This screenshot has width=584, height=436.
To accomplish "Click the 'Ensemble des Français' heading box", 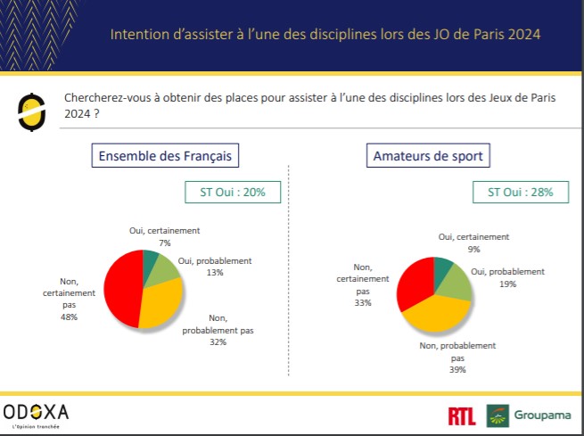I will pos(165,156).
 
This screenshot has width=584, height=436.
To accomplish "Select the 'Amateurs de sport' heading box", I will pos(427,156).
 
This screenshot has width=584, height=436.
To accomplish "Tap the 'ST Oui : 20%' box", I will pos(226,192).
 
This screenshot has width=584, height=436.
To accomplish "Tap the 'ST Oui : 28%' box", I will pos(521,192).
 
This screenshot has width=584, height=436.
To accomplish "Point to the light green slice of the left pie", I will pos(167,270).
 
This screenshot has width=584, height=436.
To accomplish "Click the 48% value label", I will pos(70,317).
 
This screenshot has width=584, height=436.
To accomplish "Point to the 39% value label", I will pos(457,369).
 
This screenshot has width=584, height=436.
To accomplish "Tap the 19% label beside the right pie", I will pos(508,284).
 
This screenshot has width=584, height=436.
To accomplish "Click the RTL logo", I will pos(463,415).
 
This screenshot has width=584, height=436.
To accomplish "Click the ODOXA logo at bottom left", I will pos(36,413).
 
